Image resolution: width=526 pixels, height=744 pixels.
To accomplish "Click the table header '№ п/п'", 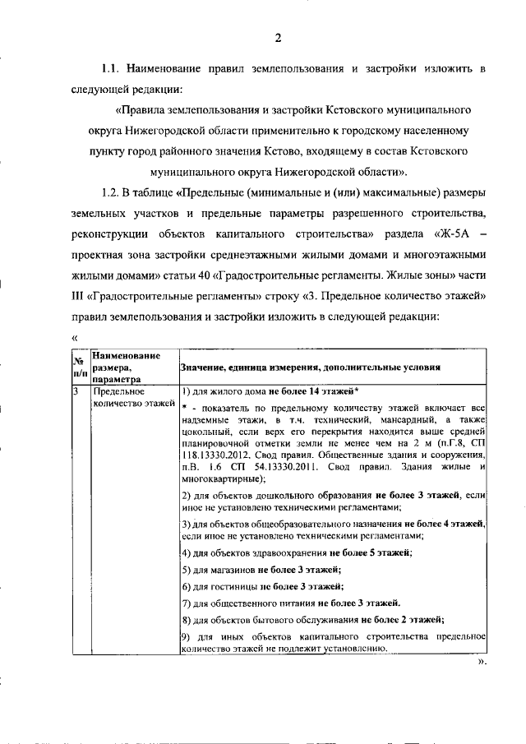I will click(x=80, y=367).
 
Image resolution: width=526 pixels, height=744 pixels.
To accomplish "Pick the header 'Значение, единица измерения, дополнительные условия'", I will click(x=310, y=367).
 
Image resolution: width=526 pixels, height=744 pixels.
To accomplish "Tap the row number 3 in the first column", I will click(x=75, y=391).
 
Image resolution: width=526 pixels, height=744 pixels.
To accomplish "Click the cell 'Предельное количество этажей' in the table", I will click(x=131, y=397).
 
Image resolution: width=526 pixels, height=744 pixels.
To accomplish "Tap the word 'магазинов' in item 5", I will click(x=229, y=569).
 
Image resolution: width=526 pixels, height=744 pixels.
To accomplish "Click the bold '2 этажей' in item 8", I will click(x=419, y=619).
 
